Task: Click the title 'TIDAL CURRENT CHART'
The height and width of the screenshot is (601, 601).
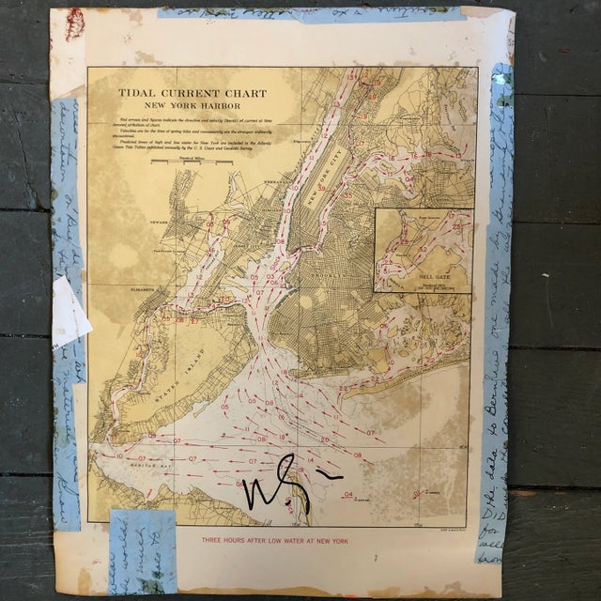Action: pos(192,94)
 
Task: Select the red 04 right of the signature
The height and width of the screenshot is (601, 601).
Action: pos(348,494)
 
